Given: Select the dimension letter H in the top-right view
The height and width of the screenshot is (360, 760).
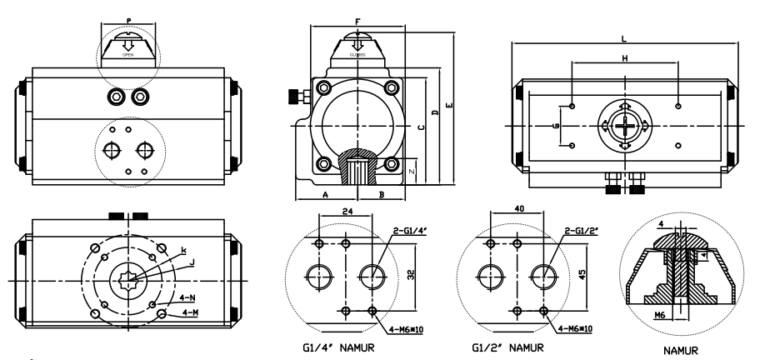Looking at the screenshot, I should point(624,57).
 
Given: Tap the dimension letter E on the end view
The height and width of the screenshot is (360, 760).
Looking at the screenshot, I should point(450,106).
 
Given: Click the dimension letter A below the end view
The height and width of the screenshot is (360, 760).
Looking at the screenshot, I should point(324,193).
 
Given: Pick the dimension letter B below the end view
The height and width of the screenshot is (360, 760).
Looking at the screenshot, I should point(380,193).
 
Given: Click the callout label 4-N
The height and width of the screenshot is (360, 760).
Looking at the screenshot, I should point(190,297).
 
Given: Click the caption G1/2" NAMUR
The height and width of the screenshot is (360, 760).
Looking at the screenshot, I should point(508,346).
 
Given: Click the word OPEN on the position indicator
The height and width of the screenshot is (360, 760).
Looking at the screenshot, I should point(127,54).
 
